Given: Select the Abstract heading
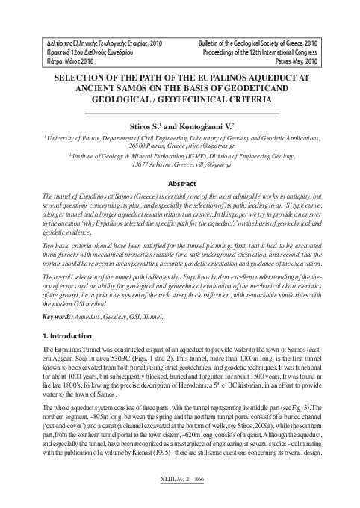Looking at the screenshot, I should tap(181, 183).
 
